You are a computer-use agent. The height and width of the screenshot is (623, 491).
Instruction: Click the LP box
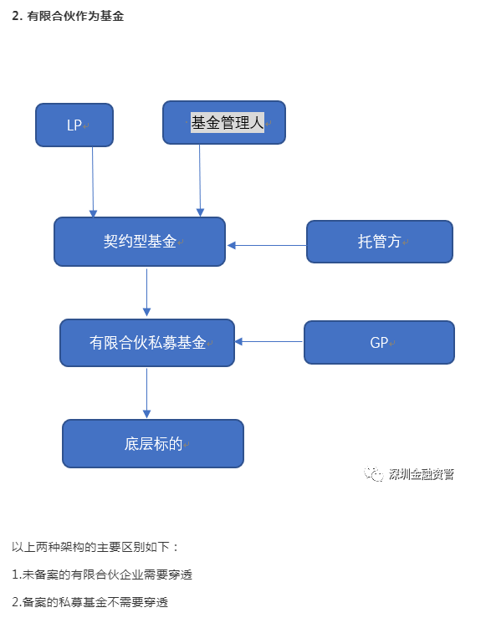(74, 125)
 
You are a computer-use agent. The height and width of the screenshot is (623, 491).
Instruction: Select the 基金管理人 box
(224, 122)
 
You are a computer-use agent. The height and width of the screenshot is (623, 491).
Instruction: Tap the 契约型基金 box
(140, 242)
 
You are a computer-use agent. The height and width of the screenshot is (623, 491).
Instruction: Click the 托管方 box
(380, 242)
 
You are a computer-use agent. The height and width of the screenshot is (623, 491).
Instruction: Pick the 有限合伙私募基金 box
(147, 343)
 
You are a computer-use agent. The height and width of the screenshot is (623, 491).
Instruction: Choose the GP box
(379, 342)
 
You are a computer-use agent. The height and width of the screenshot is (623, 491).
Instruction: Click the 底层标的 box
(153, 443)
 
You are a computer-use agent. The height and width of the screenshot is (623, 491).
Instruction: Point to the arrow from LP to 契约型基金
(93, 182)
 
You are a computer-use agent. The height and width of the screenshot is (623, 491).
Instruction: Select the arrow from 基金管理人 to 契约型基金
(200, 181)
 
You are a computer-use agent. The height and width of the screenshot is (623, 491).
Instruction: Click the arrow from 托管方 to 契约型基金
(267, 246)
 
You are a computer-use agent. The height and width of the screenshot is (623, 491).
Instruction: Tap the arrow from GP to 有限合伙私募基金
(269, 341)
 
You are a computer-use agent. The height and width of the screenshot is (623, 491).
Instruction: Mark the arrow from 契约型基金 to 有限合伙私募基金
(146, 293)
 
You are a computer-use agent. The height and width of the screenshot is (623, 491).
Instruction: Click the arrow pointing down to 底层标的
(146, 393)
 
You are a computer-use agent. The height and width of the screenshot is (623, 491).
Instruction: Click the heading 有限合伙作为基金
(75, 16)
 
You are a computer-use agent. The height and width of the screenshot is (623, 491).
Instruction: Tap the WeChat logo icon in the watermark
(373, 473)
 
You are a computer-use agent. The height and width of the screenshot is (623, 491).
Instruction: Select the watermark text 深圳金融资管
(422, 474)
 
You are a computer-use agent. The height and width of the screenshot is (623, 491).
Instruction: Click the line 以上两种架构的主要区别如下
(95, 547)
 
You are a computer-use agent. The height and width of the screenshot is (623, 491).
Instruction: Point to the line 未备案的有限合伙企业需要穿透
(102, 574)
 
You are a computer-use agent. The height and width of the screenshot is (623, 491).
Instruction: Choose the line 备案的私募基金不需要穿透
(90, 602)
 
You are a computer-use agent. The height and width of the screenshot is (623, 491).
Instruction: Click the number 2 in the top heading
(15, 16)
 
